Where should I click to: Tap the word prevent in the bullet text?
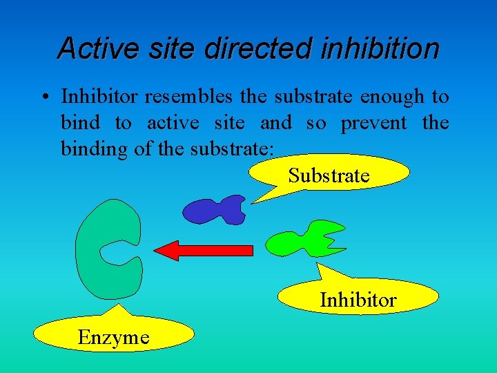tap(373, 123)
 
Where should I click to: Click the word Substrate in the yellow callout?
tap(329, 175)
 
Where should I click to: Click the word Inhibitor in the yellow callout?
tap(358, 300)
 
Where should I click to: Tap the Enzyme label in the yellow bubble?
tap(113, 337)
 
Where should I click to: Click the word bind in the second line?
tap(80, 123)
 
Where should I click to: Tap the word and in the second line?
tap(275, 123)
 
